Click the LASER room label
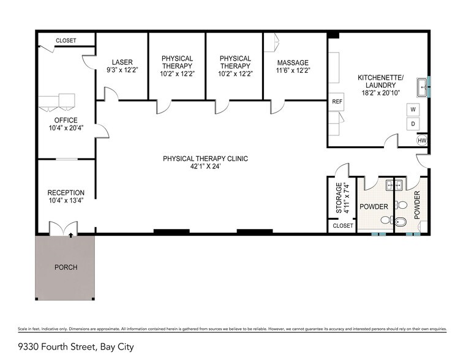point(122,62)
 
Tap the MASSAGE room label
point(292,62)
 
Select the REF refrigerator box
point(336,102)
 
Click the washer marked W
point(413,110)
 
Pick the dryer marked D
point(413,123)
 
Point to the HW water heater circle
point(421,140)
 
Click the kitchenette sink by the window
point(422,88)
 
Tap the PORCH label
point(65,268)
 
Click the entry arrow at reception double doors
point(72,234)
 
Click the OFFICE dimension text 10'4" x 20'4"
point(66,128)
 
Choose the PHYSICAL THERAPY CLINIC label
point(205,159)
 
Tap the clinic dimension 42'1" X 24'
point(205,166)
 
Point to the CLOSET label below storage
point(342,226)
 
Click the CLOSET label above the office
point(66,40)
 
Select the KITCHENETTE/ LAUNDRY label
point(380,81)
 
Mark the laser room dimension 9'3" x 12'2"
point(122,70)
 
